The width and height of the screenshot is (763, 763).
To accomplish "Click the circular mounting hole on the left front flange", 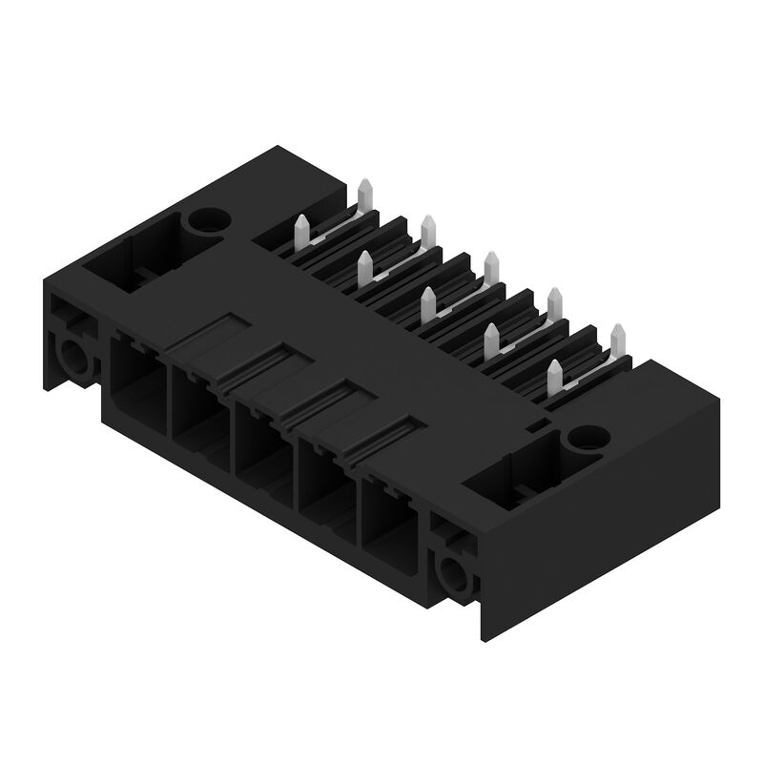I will click(x=73, y=359).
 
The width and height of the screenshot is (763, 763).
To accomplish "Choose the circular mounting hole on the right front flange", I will click(x=450, y=574).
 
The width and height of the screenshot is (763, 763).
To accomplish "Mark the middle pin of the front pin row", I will click(x=427, y=303).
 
